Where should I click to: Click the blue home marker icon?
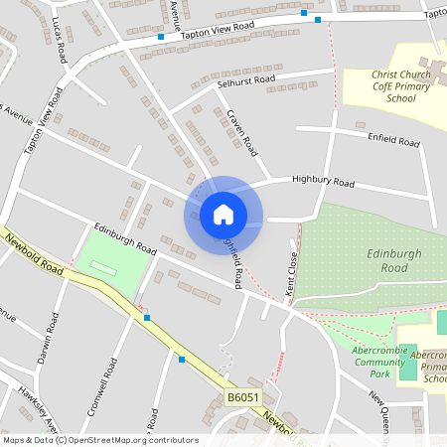coord(223,214)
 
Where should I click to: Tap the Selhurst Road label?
coord(245,79)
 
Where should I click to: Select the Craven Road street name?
coord(241,133)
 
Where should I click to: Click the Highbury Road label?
coord(323,182)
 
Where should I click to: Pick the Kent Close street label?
coord(292,269)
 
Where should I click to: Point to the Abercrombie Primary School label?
coord(428,366)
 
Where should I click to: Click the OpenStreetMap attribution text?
coord(100,440)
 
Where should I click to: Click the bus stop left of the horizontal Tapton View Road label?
coord(160,37)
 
